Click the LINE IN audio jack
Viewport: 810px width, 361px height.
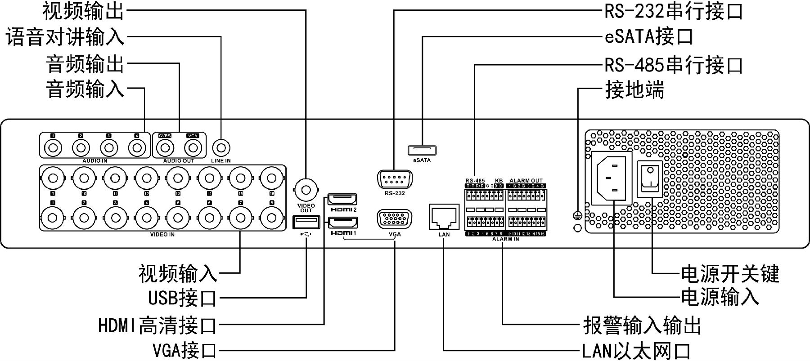(221, 147)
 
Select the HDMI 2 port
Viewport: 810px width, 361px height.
(342, 199)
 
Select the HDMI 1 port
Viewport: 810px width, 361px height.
(342, 223)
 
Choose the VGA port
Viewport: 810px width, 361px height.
(394, 220)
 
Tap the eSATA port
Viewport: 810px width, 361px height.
(422, 150)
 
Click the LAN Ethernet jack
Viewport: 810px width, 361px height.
(444, 218)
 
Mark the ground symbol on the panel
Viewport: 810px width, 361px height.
(578, 216)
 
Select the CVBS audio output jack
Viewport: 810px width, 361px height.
(165, 147)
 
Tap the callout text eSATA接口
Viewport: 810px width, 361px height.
(648, 36)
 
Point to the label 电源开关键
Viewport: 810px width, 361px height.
(729, 273)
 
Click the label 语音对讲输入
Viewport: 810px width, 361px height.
(65, 37)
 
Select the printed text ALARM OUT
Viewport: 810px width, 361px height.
(526, 181)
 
